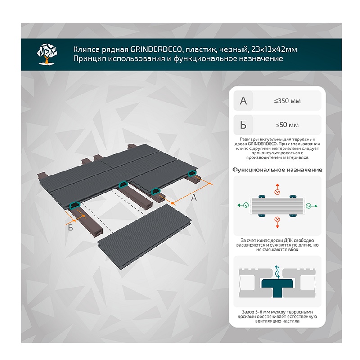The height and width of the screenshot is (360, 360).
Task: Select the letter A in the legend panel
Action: point(243,101)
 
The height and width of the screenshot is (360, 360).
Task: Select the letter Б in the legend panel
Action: point(243,125)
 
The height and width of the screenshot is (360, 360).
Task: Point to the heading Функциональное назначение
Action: point(277,170)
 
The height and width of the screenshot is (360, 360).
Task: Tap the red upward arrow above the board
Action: point(277,186)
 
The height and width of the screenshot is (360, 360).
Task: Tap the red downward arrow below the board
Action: point(277,224)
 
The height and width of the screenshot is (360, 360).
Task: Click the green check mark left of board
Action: point(246,206)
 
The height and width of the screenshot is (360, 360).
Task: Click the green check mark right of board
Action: point(308,206)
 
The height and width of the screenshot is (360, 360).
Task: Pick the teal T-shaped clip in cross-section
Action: point(277,286)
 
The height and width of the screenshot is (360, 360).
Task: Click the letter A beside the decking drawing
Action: point(194,197)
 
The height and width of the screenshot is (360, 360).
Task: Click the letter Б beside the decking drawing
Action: point(71,228)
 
